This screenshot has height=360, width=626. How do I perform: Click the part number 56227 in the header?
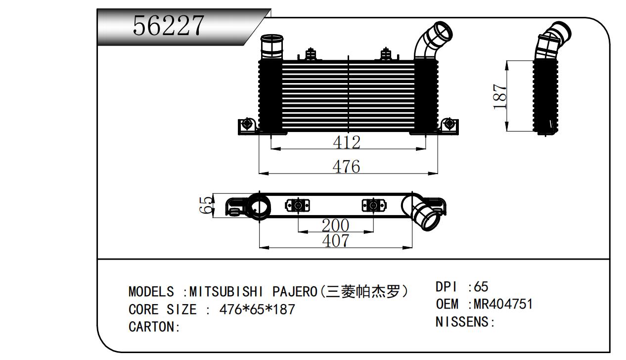pyautogui.click(x=169, y=25)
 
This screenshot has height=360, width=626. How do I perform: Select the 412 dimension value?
pyautogui.click(x=347, y=142)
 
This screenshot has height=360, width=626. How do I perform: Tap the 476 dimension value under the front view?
pyautogui.click(x=346, y=167)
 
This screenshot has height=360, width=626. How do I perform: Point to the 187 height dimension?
pyautogui.click(x=499, y=96)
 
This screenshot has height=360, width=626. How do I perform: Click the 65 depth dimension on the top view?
pyautogui.click(x=206, y=205)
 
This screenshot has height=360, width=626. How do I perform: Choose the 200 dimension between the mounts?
pyautogui.click(x=335, y=225)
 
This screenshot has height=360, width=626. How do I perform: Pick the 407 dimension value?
pyautogui.click(x=336, y=241)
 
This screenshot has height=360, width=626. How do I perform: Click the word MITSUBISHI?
pyautogui.click(x=226, y=292)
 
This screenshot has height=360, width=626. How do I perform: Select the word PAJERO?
pyautogui.click(x=295, y=292)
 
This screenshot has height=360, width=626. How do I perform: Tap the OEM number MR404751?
pyautogui.click(x=503, y=304)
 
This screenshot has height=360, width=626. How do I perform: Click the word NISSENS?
pyautogui.click(x=462, y=322)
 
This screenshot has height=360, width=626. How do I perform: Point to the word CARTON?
pyautogui.click(x=151, y=326)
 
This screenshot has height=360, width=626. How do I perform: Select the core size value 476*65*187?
pyautogui.click(x=258, y=309)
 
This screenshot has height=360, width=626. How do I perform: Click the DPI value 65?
pyautogui.click(x=481, y=286)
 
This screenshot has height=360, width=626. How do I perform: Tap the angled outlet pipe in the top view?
pyautogui.click(x=423, y=213)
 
